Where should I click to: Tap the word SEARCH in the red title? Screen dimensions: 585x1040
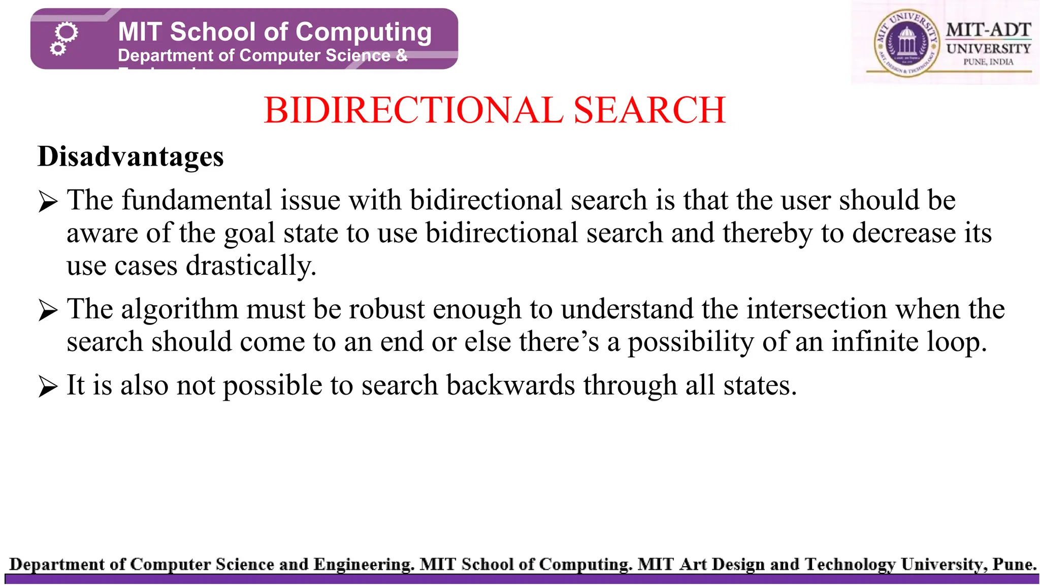649,110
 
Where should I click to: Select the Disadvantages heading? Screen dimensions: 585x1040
131,156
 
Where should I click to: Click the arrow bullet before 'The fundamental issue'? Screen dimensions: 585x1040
48,202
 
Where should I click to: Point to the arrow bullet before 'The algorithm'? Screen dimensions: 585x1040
48,311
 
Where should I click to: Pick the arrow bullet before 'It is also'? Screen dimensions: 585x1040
48,387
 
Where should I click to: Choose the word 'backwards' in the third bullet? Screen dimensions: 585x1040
510,385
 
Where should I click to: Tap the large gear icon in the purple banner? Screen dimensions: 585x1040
67,33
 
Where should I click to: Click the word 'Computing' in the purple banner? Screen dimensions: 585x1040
364,32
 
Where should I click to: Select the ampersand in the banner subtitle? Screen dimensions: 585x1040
402,55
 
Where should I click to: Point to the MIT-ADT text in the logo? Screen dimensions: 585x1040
988,30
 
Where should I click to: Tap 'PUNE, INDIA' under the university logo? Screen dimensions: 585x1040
988,62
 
